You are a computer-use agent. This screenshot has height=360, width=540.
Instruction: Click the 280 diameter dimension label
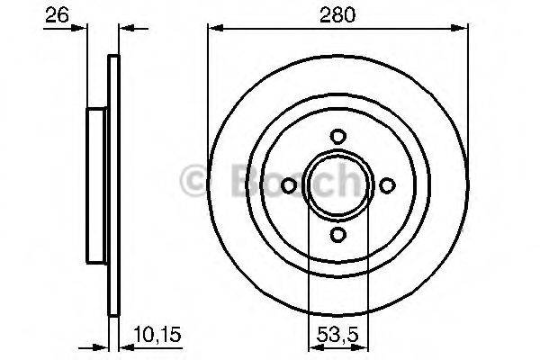point(337,13)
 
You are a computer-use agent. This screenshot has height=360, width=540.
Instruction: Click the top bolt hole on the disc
point(338,136)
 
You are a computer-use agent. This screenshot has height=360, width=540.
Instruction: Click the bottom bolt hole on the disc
point(338,234)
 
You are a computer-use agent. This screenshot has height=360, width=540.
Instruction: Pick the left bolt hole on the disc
point(289,185)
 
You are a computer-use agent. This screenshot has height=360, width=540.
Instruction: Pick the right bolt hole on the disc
point(388,185)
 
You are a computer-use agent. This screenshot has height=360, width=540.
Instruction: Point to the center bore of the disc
point(338,185)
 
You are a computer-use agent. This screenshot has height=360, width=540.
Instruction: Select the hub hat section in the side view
point(97,184)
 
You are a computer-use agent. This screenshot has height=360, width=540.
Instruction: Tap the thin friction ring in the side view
point(113,184)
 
